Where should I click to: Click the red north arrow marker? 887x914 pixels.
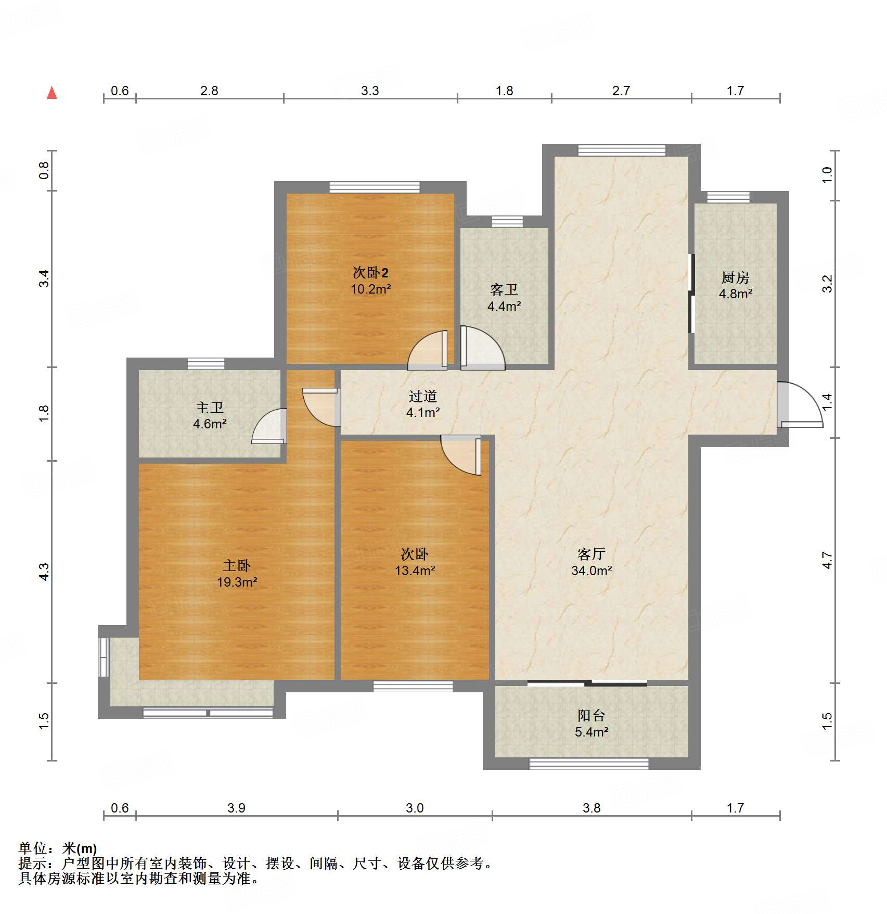(52, 93)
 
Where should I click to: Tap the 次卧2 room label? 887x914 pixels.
(370, 272)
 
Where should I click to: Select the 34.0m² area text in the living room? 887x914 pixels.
(592, 570)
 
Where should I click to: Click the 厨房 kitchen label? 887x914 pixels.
(735, 277)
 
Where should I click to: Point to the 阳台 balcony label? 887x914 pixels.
(591, 715)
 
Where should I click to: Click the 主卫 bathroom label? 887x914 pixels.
(210, 408)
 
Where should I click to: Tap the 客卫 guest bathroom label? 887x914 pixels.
(504, 289)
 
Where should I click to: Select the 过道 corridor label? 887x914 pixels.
(422, 396)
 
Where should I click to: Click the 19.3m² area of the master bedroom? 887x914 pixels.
(237, 582)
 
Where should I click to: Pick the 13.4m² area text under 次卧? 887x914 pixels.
(415, 570)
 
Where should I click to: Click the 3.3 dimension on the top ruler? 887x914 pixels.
(370, 91)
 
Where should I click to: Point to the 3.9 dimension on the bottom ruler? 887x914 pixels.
(236, 808)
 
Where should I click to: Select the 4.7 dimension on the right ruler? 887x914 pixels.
(827, 560)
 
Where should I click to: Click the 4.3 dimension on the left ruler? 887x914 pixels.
(45, 572)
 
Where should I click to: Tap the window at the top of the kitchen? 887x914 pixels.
(728, 197)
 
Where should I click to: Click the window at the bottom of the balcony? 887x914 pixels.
(589, 764)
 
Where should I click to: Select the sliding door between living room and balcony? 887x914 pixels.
(587, 683)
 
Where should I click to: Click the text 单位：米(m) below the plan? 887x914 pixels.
(58, 848)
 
